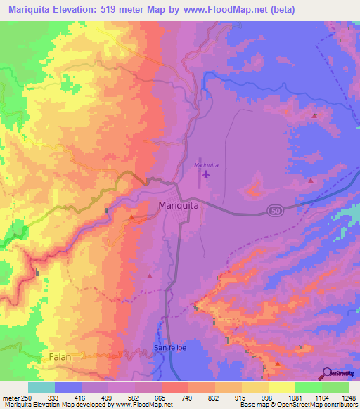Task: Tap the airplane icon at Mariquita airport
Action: pos(206,174)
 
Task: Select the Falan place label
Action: pos(61,357)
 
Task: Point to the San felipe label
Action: pos(169,349)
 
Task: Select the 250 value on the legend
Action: pos(27,397)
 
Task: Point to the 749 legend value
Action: pos(187,397)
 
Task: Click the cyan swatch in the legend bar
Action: pos(41,387)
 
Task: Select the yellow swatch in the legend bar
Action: pos(282,387)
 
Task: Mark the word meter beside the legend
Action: pos(10,397)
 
